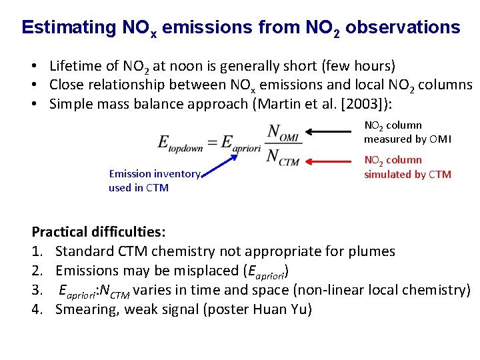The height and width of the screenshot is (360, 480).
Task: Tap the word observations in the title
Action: (x=403, y=27)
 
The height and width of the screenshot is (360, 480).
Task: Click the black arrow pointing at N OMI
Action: (x=334, y=133)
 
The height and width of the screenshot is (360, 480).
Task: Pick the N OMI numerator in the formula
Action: (x=283, y=133)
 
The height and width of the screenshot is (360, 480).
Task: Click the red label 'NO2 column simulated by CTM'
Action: (x=407, y=167)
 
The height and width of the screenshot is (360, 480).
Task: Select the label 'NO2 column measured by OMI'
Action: (x=407, y=132)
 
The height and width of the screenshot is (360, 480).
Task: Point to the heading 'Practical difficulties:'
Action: (x=99, y=232)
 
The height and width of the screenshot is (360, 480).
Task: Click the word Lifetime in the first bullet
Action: (x=75, y=66)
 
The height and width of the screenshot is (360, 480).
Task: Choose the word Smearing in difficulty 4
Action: (x=85, y=309)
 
